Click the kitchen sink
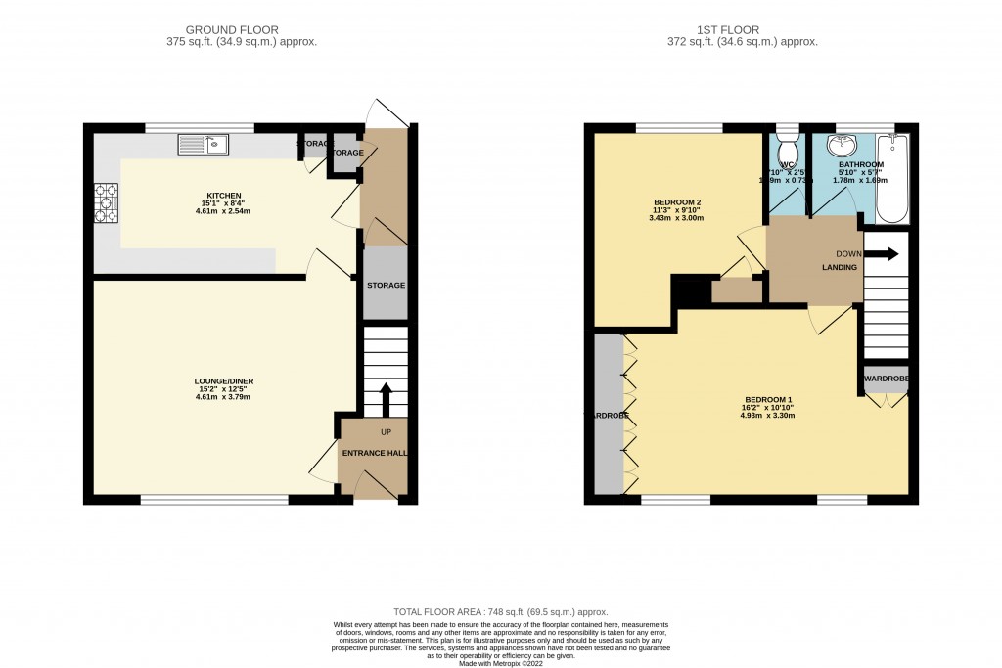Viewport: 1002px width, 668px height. (x=203, y=146)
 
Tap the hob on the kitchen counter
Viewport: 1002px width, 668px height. (x=106, y=203)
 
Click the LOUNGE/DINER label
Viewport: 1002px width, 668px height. (x=218, y=381)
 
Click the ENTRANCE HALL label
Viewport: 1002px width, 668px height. (x=373, y=453)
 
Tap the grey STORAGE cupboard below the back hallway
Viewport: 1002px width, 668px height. (x=385, y=285)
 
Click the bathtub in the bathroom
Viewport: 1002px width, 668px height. (x=891, y=180)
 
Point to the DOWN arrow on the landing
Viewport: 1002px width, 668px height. (x=883, y=254)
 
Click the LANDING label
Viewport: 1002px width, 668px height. (x=840, y=267)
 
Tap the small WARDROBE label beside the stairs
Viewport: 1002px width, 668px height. (x=886, y=379)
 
